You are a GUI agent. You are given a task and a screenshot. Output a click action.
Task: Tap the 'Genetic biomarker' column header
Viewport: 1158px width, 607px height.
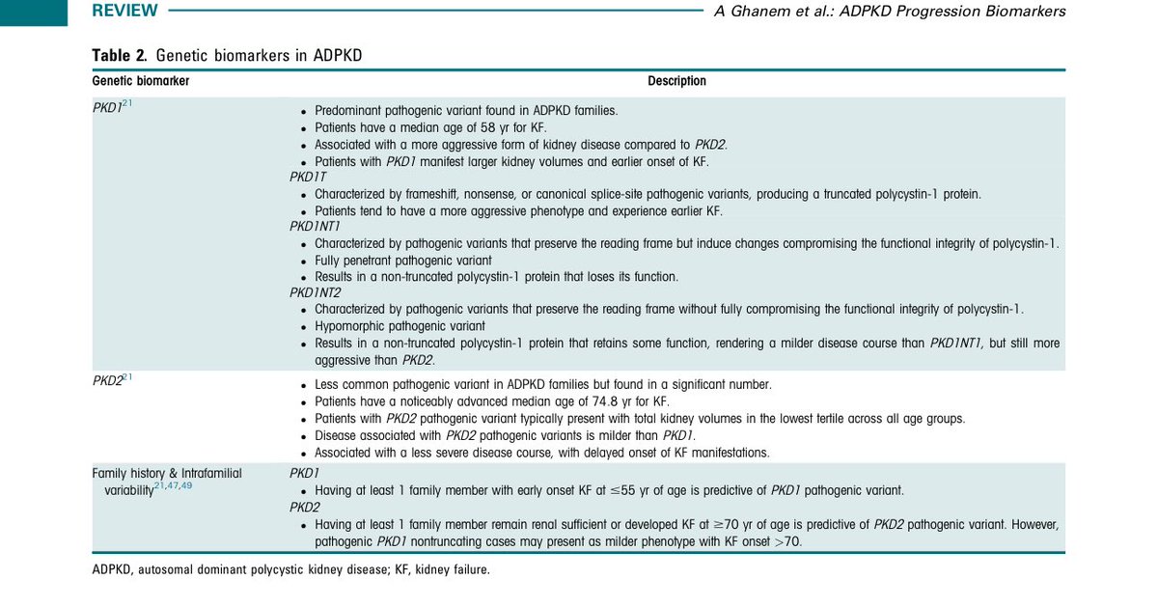pos(141,81)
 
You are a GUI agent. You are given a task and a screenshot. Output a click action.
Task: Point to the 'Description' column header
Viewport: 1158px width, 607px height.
pos(676,81)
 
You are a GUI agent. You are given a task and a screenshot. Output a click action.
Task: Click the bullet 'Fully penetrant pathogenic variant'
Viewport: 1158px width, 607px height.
pos(403,261)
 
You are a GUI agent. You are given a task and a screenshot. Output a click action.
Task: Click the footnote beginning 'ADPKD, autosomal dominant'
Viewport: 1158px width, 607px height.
pos(290,569)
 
